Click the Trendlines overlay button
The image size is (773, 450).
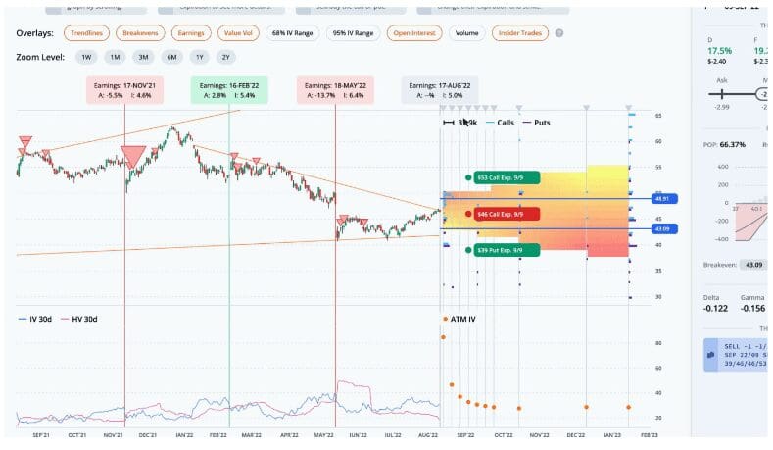coord(88,32)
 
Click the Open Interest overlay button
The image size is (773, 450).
coord(414,32)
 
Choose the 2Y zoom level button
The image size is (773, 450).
coord(227,57)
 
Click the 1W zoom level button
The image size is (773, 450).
coord(86,57)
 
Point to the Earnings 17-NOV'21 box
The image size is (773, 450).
coord(124,89)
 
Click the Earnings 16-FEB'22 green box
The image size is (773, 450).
coord(229,89)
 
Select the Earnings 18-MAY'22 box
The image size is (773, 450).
coord(335,89)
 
